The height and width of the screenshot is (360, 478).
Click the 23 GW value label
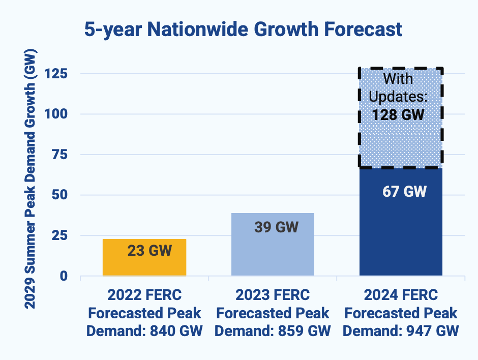[x=150, y=251]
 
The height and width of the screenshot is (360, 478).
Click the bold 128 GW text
[x=398, y=114]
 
